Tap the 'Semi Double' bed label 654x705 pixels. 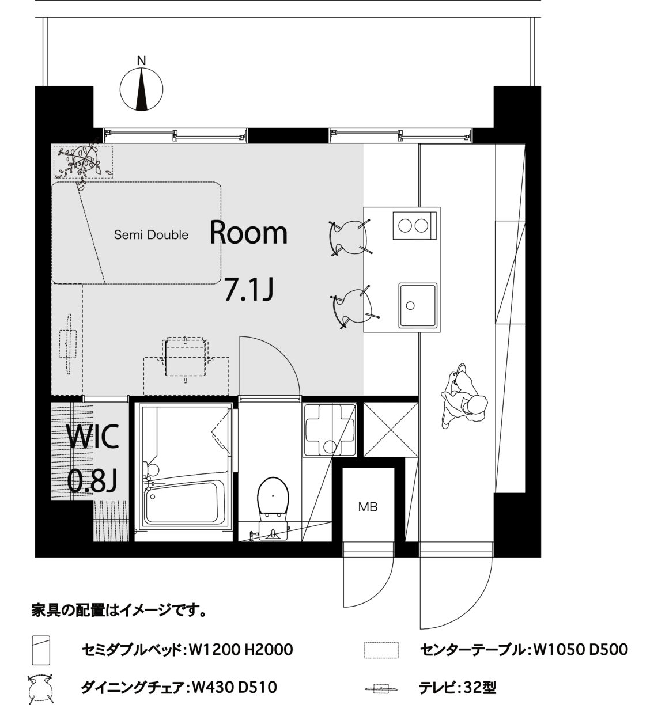pyautogui.click(x=151, y=234)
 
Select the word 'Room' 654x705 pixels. pyautogui.click(x=248, y=232)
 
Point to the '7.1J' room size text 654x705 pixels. pyautogui.click(x=249, y=290)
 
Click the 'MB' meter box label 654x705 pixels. pyautogui.click(x=368, y=507)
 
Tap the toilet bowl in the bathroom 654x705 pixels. pyautogui.click(x=273, y=497)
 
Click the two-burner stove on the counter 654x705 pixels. pyautogui.click(x=414, y=225)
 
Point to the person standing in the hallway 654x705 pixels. pyautogui.click(x=464, y=396)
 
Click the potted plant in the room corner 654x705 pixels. pyautogui.click(x=83, y=162)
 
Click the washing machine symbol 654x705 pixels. pyautogui.click(x=330, y=430)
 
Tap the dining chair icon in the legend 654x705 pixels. pyautogui.click(x=41, y=688)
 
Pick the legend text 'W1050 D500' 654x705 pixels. pyautogui.click(x=579, y=650)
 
